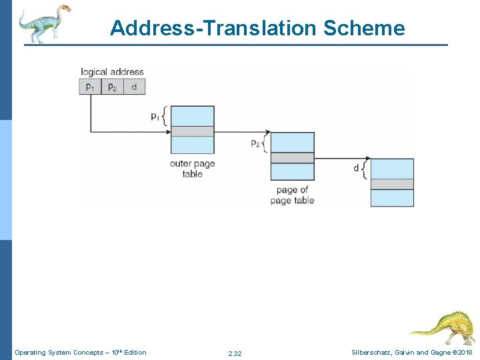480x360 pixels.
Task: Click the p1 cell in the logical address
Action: (x=90, y=87)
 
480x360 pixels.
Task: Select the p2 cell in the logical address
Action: (x=112, y=87)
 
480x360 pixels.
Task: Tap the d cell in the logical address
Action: (x=134, y=87)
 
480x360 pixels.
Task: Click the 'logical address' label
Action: (x=112, y=72)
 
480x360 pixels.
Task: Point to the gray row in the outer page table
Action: (x=193, y=131)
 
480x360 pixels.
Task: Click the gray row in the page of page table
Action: (x=292, y=158)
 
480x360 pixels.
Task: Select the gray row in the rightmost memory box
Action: (x=392, y=184)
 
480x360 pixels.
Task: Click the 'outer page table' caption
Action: (x=193, y=169)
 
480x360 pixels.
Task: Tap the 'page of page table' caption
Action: (x=292, y=195)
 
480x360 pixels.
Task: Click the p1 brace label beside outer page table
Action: (x=155, y=116)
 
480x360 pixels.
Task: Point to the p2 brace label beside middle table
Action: (x=255, y=143)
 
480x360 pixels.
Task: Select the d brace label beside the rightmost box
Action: (x=357, y=168)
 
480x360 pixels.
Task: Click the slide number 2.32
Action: (x=235, y=353)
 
